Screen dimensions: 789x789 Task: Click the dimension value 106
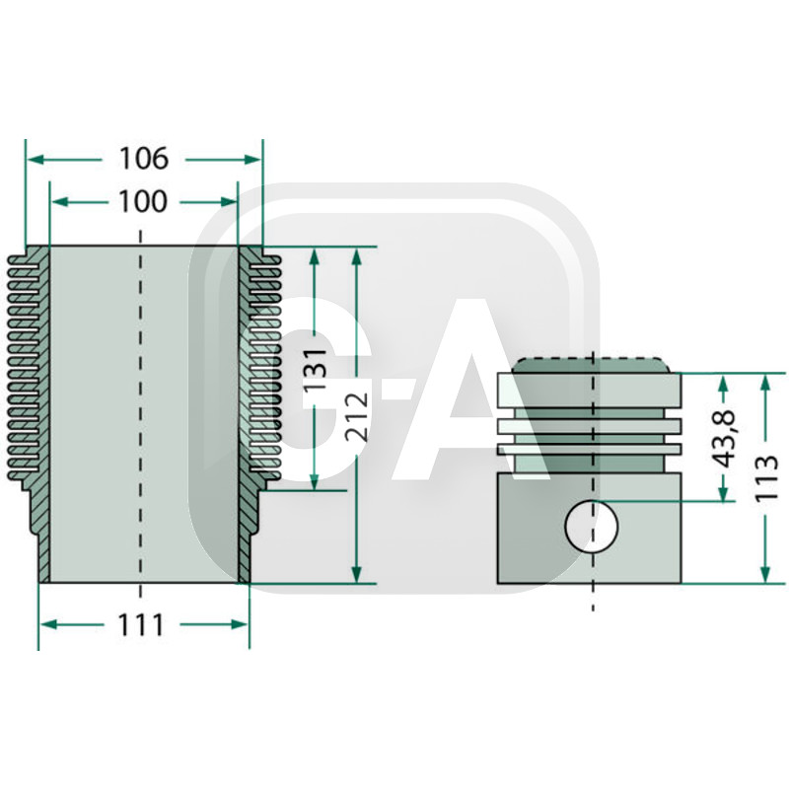pyautogui.click(x=144, y=158)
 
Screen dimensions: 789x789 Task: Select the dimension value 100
pyautogui.click(x=143, y=202)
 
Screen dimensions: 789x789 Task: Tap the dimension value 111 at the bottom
pyautogui.click(x=143, y=624)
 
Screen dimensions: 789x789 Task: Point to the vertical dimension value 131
pyautogui.click(x=315, y=370)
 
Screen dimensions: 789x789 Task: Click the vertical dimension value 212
pyautogui.click(x=357, y=414)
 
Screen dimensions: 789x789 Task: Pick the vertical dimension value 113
pyautogui.click(x=767, y=478)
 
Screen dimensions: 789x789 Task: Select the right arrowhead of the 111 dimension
pyautogui.click(x=243, y=623)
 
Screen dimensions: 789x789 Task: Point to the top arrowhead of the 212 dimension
pyautogui.click(x=357, y=253)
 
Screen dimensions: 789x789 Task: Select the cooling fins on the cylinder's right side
pyautogui.click(x=263, y=365)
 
